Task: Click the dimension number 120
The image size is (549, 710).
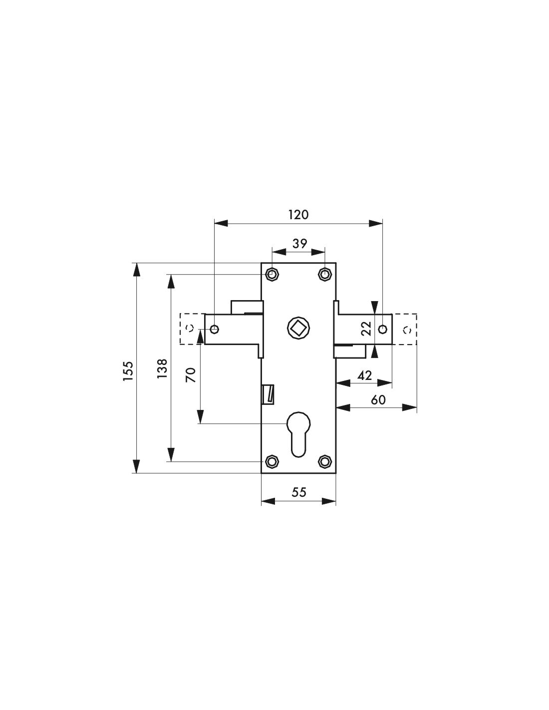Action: (x=298, y=215)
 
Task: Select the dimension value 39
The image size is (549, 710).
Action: (x=299, y=244)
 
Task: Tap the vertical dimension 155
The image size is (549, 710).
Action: (x=128, y=371)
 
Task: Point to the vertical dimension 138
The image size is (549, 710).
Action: (x=162, y=368)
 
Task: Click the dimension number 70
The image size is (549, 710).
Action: (x=191, y=375)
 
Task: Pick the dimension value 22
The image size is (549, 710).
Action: (x=366, y=329)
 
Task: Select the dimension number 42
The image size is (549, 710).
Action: (x=364, y=376)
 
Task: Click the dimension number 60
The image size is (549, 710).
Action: (x=378, y=400)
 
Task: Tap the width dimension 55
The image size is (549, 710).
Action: (x=299, y=492)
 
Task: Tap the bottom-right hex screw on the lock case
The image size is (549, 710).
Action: (x=324, y=461)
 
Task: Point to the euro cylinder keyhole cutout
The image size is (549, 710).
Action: (x=298, y=434)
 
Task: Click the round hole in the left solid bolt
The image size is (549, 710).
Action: (x=214, y=329)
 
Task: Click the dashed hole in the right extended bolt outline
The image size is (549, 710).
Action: (x=407, y=330)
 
